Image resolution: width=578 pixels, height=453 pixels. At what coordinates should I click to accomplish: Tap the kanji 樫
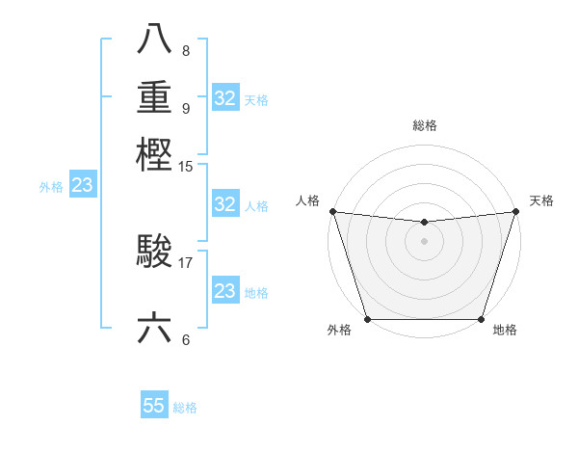coord(155,154)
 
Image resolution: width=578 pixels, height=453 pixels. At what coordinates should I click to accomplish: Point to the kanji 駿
coord(155,253)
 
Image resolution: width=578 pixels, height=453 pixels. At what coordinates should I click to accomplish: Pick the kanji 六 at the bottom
coord(155,328)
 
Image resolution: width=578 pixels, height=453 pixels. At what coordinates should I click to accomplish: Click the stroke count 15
coord(185,167)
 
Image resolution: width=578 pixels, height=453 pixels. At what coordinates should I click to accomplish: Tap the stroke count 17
coord(185,261)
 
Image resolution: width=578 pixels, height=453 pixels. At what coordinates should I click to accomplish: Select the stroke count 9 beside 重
coord(185,107)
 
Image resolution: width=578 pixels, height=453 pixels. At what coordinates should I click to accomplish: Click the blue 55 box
coord(154,406)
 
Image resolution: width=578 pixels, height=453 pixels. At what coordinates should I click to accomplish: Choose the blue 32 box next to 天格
coord(224,98)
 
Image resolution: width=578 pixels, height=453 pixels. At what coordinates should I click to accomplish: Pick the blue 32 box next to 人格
coord(224,204)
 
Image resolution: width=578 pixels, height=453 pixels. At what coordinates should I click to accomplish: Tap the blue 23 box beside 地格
coord(224,291)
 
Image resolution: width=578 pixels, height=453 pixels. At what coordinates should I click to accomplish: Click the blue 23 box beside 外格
coord(82,186)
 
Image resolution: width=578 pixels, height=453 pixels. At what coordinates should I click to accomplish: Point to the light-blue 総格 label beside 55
coord(185,408)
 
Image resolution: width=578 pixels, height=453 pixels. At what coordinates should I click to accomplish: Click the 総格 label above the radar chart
coord(424,125)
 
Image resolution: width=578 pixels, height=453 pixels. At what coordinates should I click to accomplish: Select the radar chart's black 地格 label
coord(505,331)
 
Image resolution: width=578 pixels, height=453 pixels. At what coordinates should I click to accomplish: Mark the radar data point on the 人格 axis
coord(332,211)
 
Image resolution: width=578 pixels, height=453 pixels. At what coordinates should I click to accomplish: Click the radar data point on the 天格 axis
coord(515,211)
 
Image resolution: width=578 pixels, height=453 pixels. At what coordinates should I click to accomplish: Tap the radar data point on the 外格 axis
coord(367,319)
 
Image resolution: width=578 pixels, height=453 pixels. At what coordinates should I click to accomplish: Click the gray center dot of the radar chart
coord(424,241)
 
